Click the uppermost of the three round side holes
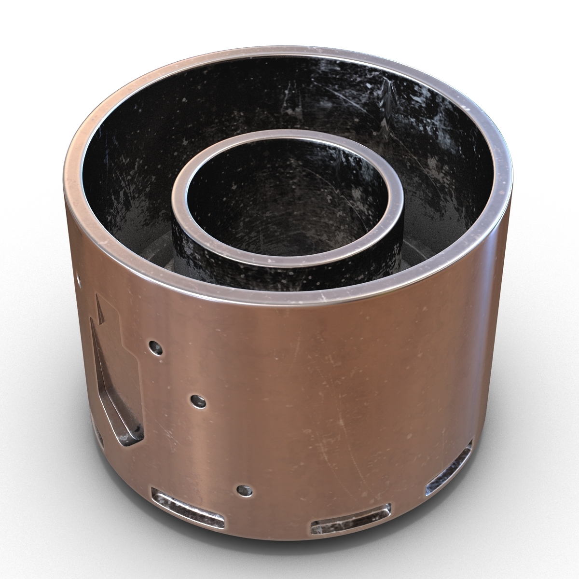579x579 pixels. click(x=154, y=345)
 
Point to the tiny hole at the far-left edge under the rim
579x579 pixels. click(x=79, y=279)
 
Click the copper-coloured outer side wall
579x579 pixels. click(x=338, y=396)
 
